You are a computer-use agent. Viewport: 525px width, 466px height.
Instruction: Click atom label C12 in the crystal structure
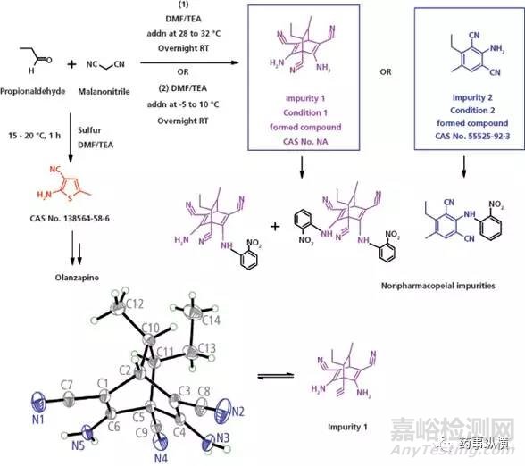[x=135, y=305]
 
